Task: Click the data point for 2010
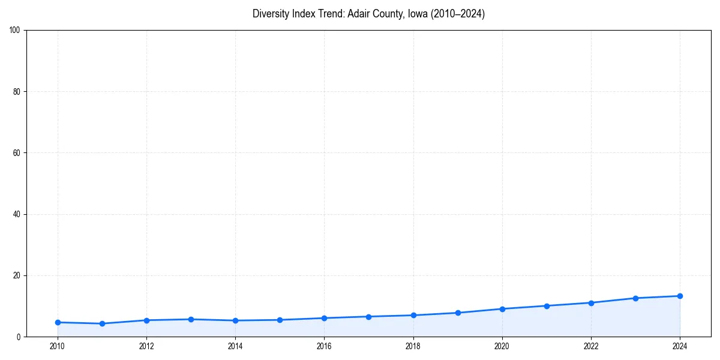click(58, 322)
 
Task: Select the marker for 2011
click(102, 323)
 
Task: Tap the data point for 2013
click(191, 319)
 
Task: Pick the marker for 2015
click(280, 320)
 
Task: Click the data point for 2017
click(368, 316)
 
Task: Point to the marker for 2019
click(458, 313)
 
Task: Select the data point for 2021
click(547, 305)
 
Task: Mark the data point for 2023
click(635, 298)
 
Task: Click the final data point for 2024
click(680, 296)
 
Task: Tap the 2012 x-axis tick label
click(146, 346)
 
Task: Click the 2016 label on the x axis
click(324, 346)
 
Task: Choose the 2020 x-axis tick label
click(502, 346)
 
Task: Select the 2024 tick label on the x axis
click(680, 346)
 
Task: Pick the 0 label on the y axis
click(19, 337)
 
